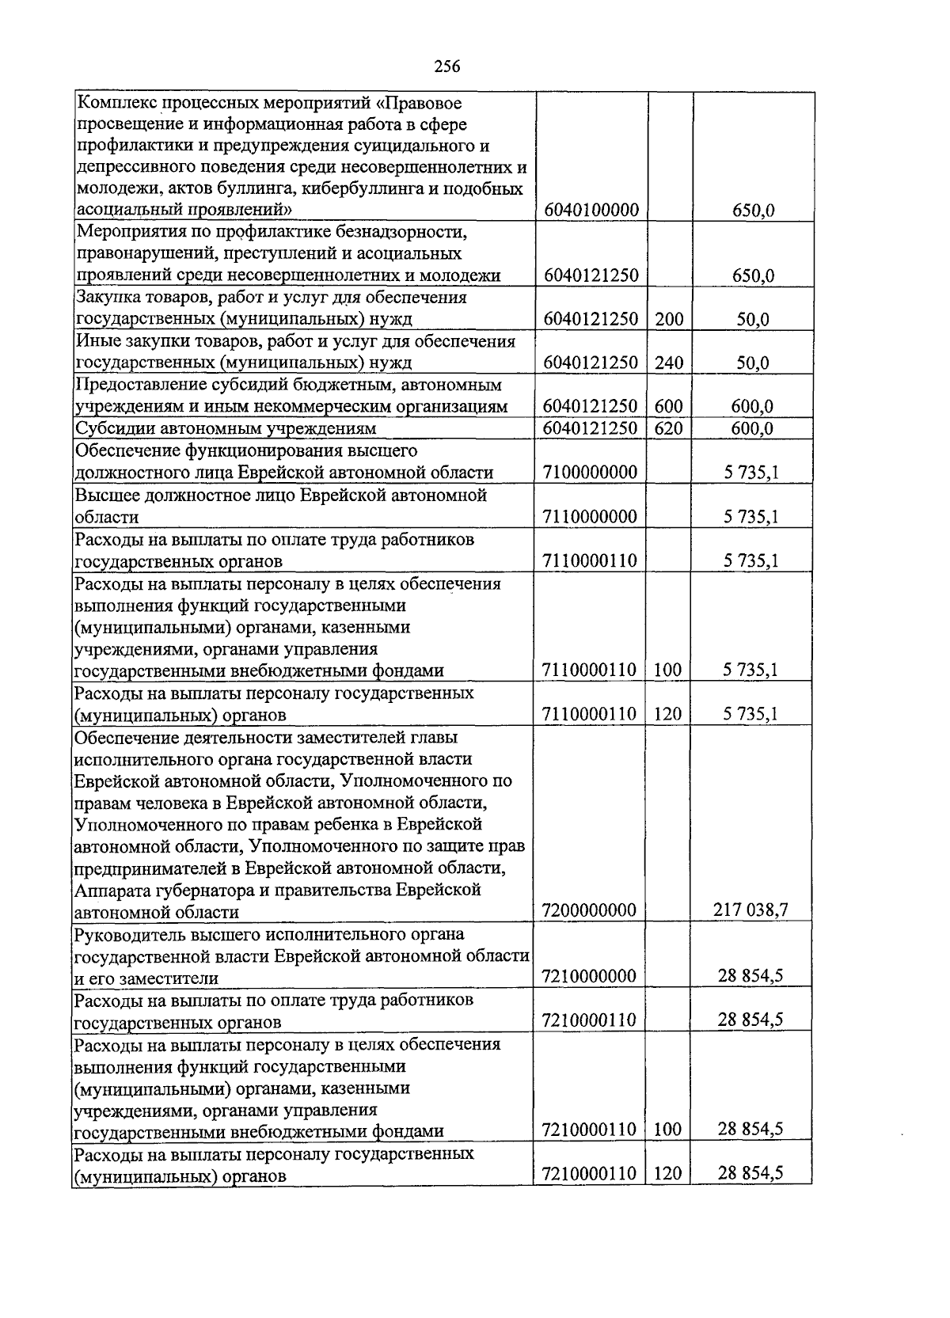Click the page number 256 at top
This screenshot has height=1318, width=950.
(447, 66)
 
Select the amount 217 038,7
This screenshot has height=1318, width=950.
(750, 910)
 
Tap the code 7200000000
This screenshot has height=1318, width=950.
(590, 910)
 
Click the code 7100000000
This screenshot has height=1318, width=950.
(591, 473)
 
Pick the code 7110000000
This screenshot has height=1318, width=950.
(591, 517)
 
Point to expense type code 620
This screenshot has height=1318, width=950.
(669, 428)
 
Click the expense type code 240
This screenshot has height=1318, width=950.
(669, 363)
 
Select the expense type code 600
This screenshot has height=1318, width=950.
(669, 406)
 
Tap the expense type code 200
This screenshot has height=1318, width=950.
(669, 319)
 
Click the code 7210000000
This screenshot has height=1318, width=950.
(590, 976)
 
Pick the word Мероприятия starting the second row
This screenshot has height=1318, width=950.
(123, 232)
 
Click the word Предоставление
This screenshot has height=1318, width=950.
(135, 385)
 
